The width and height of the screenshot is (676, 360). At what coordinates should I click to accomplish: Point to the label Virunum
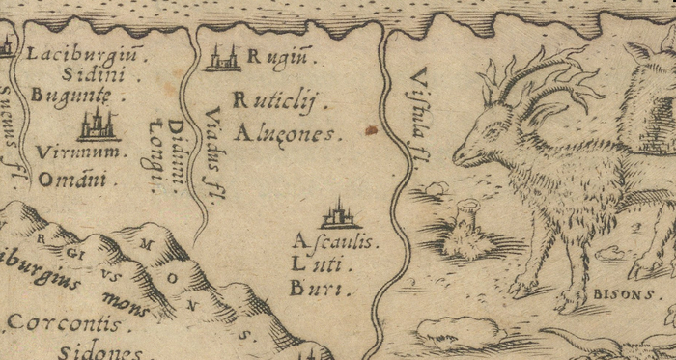[x=80, y=152]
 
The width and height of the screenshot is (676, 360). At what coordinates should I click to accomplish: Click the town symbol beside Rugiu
[x=223, y=58]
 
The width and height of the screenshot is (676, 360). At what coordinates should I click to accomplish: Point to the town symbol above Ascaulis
[x=339, y=213]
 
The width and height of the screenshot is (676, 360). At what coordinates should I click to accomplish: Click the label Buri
[x=317, y=288]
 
